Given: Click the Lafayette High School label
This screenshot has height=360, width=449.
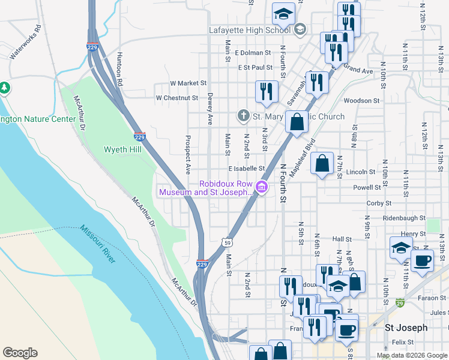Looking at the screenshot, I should pos(250,29).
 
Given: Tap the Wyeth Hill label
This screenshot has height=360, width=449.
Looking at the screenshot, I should pos(122,149).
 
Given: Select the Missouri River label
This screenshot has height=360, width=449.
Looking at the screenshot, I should pos(97,244).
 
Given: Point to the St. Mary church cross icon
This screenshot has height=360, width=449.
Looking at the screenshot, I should pos(243,115).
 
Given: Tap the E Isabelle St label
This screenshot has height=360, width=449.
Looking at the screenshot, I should pos(246,169).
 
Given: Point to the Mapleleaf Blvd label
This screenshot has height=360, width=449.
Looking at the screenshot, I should pos(302,157).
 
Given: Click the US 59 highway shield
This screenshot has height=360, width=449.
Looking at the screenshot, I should pos(225,242).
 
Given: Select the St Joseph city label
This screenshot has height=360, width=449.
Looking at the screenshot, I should pos(406,328).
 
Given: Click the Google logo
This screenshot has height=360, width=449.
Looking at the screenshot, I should pos(20,353).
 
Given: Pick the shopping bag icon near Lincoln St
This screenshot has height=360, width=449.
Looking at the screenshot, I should pos(322,163).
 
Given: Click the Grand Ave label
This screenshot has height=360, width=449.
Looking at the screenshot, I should pos(359,71).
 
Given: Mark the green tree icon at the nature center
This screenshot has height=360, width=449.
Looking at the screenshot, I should pos(5,88).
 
